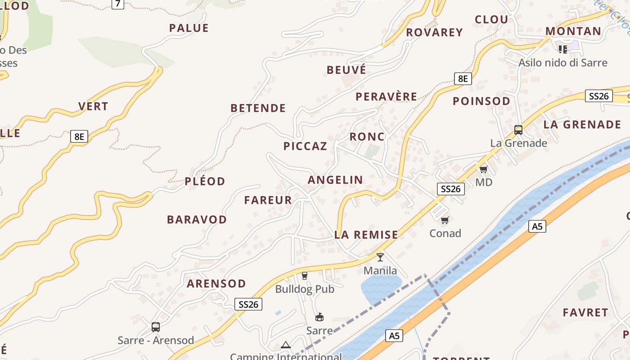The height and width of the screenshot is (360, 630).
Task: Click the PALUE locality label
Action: pyautogui.click(x=189, y=28)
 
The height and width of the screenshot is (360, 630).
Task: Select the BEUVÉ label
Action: pyautogui.click(x=346, y=70)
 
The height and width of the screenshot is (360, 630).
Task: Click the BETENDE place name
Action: pyautogui.click(x=258, y=108)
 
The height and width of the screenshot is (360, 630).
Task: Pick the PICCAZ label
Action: pyautogui.click(x=305, y=146)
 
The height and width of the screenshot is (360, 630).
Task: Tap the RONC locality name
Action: pyautogui.click(x=367, y=137)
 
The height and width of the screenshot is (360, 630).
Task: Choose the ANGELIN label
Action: pyautogui.click(x=335, y=180)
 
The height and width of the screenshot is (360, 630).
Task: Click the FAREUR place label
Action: pyautogui.click(x=268, y=200)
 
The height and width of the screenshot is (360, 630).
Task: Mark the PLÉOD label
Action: pyautogui.click(x=205, y=181)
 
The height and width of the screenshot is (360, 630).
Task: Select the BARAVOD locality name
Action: pyautogui.click(x=197, y=220)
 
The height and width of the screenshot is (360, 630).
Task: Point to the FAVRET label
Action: pyautogui.click(x=585, y=312)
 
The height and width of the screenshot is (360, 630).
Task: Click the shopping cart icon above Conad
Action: pyautogui.click(x=445, y=220)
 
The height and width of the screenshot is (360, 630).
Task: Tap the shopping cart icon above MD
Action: pyautogui.click(x=484, y=169)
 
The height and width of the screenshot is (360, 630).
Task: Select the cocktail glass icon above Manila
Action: pyautogui.click(x=380, y=257)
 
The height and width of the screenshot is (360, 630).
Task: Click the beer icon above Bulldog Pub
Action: pyautogui.click(x=305, y=275)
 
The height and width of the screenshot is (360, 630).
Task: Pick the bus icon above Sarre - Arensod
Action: pyautogui.click(x=156, y=327)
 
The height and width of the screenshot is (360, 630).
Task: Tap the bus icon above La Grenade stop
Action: pyautogui.click(x=518, y=130)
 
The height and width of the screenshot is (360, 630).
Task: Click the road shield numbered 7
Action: pyautogui.click(x=117, y=4)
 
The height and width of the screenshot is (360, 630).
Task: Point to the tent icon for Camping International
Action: pyautogui.click(x=285, y=345)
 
